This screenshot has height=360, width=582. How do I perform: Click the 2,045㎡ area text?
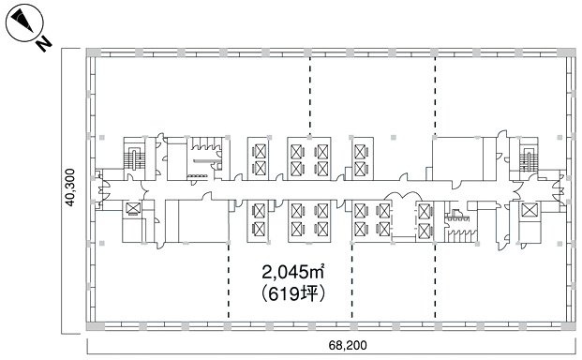(292, 274)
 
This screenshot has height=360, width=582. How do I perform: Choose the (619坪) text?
(292, 293)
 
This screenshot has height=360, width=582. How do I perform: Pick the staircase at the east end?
(529, 157)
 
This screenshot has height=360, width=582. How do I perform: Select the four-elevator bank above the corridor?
(310, 157)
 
